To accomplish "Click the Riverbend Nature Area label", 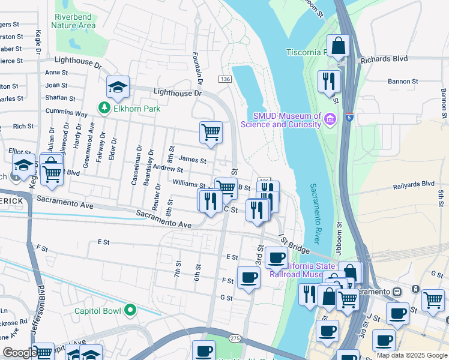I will click(x=73, y=21).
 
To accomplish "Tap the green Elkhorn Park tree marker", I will click(x=104, y=108).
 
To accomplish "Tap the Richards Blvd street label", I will click(x=384, y=59).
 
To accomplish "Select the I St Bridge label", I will click(x=294, y=244).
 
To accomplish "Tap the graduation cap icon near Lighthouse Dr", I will click(x=118, y=87).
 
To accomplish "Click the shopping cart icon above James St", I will click(x=211, y=131).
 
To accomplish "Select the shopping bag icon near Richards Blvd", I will click(x=339, y=44).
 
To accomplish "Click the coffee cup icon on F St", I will click(x=249, y=278).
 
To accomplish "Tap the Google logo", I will click(x=19, y=353).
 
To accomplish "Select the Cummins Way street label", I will click(x=66, y=113).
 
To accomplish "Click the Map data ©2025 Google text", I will click(x=411, y=355).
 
